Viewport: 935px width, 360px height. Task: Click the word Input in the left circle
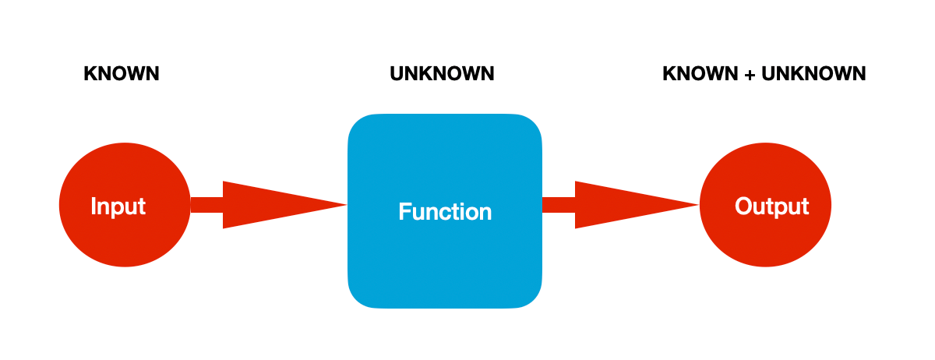(x=118, y=206)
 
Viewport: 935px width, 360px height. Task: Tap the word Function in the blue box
(x=445, y=211)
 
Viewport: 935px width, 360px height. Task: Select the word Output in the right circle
(x=772, y=206)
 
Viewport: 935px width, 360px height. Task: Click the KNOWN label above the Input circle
(x=122, y=74)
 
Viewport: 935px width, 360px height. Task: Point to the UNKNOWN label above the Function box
(x=442, y=74)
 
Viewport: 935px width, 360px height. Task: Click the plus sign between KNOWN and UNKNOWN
(x=750, y=74)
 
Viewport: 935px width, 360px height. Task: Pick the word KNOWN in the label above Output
(x=700, y=74)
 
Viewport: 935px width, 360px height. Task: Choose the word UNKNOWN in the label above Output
(x=813, y=74)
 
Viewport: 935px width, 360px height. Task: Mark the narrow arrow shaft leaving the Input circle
(x=206, y=205)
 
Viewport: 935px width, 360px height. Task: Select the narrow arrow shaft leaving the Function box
(x=559, y=205)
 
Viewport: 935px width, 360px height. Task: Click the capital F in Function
(x=405, y=211)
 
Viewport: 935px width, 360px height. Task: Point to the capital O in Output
(x=744, y=206)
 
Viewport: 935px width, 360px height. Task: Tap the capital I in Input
(x=93, y=206)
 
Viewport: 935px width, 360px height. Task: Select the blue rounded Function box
(x=445, y=211)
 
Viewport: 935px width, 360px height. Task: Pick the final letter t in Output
(x=805, y=206)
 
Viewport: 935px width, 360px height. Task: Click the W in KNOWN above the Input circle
(x=137, y=74)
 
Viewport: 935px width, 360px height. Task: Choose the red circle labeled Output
(x=765, y=205)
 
